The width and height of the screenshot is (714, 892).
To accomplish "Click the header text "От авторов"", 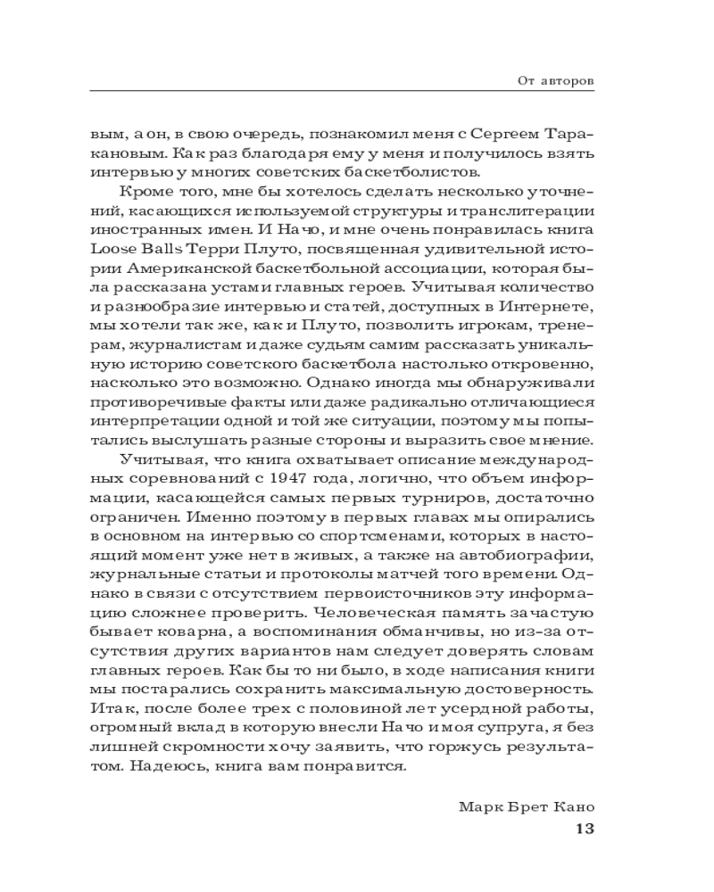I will (x=555, y=80).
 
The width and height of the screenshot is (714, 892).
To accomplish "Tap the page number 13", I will (x=585, y=828).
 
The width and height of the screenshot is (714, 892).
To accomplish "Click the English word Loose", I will (x=113, y=249).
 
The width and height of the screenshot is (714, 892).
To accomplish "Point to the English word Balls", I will (x=161, y=249).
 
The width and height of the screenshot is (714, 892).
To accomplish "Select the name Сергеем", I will (x=496, y=131).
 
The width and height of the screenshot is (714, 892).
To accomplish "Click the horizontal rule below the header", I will (x=343, y=91).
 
